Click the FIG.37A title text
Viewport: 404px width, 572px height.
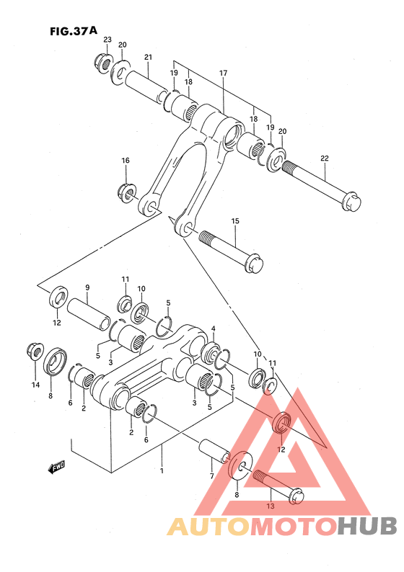74,31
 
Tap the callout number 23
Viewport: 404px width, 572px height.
107,40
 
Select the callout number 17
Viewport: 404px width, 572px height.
223,73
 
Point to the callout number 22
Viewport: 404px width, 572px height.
325,158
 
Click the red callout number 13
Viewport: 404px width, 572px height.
271,506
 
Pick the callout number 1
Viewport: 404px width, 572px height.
162,471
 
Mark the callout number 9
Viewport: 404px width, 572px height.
87,287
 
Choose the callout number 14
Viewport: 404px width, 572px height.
35,385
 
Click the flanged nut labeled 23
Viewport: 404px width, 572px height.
102,63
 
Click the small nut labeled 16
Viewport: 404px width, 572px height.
126,191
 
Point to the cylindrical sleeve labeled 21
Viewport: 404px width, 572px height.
147,87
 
